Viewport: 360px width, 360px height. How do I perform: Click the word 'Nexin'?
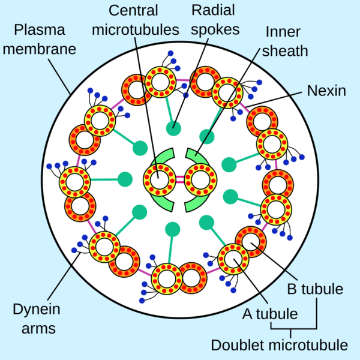[x=326, y=91]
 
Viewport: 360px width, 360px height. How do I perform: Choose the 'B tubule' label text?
[x=315, y=289]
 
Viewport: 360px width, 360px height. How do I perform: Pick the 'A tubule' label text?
[x=269, y=313]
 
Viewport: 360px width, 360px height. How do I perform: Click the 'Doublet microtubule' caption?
[x=279, y=346]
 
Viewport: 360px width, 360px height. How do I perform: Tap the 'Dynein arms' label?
[x=34, y=319]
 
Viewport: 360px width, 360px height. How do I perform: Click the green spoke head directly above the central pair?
[x=174, y=127]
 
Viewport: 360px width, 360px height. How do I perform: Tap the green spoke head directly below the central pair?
[x=173, y=229]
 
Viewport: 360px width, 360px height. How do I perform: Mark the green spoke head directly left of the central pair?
[x=125, y=179]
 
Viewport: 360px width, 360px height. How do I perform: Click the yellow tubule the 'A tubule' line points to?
[x=230, y=258]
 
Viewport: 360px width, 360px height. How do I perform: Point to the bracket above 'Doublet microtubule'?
[x=293, y=328]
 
